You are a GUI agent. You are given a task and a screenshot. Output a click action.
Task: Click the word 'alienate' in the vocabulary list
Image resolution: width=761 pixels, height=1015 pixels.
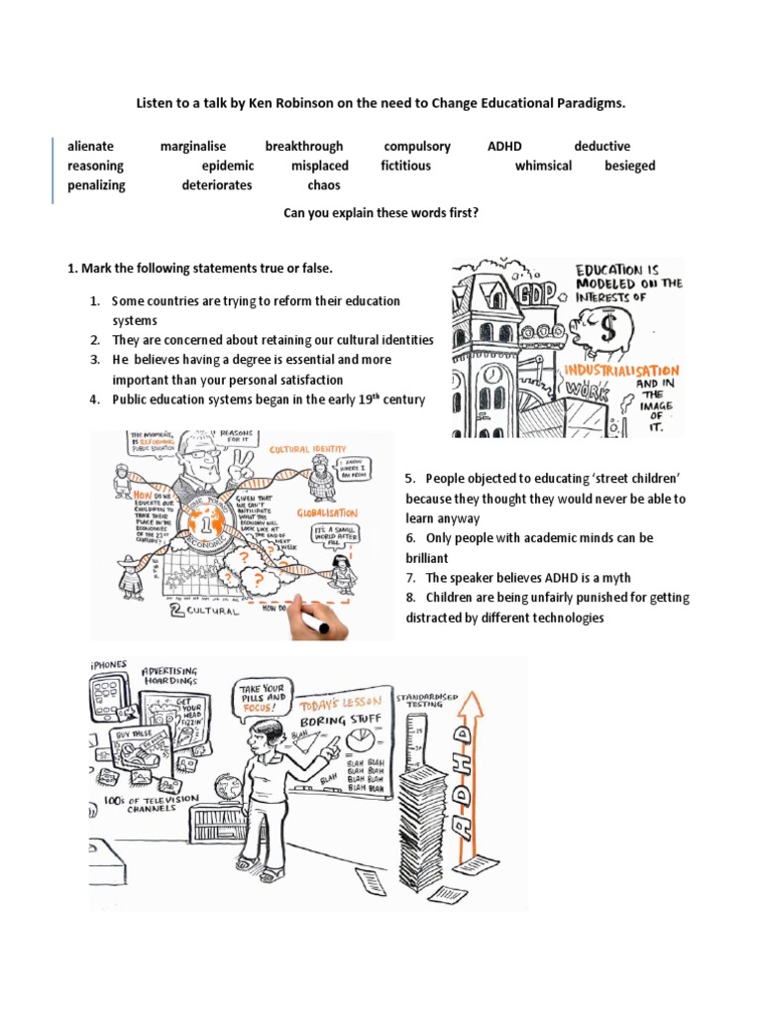90,147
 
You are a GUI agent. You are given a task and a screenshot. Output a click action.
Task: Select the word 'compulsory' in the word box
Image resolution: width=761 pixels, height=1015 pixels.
417,147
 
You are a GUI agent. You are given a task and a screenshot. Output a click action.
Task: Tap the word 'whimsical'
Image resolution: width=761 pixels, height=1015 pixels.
543,166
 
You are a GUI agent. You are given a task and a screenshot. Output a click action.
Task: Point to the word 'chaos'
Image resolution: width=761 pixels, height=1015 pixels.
324,185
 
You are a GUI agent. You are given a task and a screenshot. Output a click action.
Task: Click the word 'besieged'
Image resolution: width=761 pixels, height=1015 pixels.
630,166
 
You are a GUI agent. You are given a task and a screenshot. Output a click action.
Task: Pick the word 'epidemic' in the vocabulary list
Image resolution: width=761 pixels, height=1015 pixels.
228,166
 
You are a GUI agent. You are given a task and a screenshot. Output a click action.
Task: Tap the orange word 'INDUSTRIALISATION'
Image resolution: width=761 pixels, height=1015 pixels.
620,369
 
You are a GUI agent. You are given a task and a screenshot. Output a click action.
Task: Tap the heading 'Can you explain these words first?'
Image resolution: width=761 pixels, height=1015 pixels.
380,212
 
